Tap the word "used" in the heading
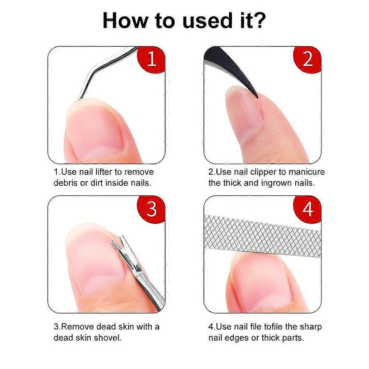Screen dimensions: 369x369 (206, 21)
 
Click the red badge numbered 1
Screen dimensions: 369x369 (151, 60)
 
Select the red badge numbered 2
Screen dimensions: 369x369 (307, 60)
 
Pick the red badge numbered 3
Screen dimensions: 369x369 (151, 209)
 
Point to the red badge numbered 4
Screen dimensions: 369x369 (307, 209)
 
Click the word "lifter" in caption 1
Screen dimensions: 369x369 (104, 172)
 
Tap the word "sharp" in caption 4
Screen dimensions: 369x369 (311, 327)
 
